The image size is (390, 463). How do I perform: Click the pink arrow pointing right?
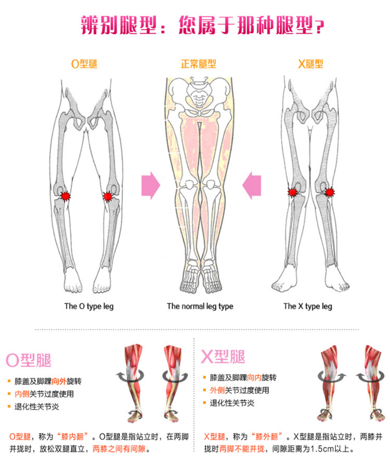pos(150,185)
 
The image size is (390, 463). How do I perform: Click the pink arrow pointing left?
pos(253,185)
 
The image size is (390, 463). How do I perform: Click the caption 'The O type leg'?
pos(89,306)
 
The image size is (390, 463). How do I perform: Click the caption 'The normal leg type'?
pos(200,306)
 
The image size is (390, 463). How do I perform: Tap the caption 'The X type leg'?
pos(308,306)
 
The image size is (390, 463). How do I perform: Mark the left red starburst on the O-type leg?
pos(66,196)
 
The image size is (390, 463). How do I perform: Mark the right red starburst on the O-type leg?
pos(108,197)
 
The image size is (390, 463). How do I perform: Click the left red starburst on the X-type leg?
pos(293,192)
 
